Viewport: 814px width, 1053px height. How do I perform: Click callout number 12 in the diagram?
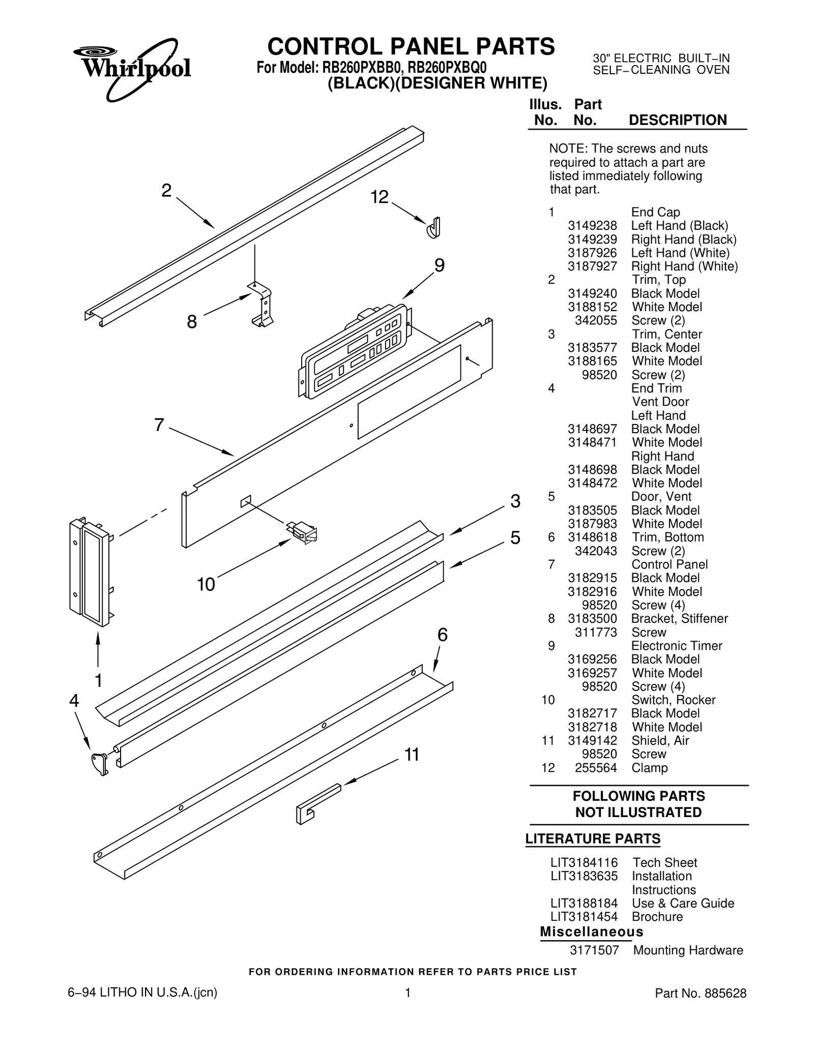click(380, 197)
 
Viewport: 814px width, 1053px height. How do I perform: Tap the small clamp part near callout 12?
click(433, 228)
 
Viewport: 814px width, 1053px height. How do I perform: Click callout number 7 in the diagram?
click(159, 425)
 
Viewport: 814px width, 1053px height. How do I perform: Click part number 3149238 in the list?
click(592, 226)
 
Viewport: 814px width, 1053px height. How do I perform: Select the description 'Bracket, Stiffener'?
click(679, 619)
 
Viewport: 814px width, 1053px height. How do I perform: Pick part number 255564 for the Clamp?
click(595, 768)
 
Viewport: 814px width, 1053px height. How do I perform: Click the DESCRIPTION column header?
click(678, 121)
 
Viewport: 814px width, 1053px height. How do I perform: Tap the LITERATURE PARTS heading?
click(593, 839)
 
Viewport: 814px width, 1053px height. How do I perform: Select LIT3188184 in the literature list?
click(584, 904)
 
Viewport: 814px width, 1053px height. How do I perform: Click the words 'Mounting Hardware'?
click(688, 950)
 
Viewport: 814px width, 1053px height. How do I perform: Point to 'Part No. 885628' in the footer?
click(700, 994)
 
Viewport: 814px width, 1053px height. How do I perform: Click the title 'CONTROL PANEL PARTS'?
click(411, 47)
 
